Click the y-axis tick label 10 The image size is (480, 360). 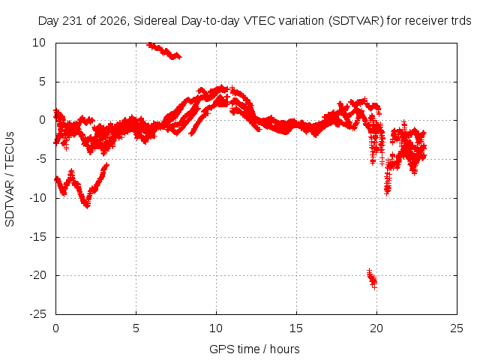click(39, 43)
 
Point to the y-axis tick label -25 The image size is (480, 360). click(38, 314)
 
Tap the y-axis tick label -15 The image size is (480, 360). click(38, 237)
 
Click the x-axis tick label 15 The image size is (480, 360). click(296, 328)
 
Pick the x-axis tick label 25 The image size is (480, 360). click(457, 328)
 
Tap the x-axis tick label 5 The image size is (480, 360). click(136, 328)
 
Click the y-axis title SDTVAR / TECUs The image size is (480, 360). click(10, 179)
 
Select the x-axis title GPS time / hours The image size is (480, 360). click(254, 349)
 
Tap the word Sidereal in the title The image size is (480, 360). click(155, 21)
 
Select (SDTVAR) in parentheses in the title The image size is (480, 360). click(355, 21)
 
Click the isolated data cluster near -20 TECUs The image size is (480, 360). click(372, 279)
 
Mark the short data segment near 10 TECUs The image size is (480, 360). click(164, 51)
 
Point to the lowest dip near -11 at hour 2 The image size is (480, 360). click(87, 205)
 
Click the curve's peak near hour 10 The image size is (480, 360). click(221, 88)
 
